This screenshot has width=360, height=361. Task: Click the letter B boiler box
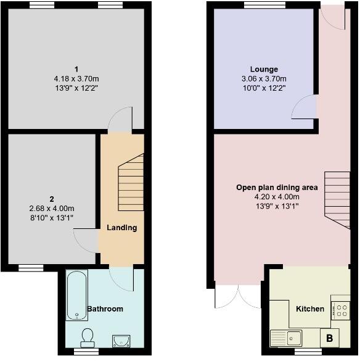pyautogui.click(x=329, y=338)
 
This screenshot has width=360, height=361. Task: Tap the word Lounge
pyautogui.click(x=264, y=69)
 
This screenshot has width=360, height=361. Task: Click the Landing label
pyautogui.click(x=121, y=228)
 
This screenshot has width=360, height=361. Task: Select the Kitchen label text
pyautogui.click(x=309, y=309)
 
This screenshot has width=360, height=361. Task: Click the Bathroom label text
pyautogui.click(x=105, y=309)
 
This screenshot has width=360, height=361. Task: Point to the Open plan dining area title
pyautogui.click(x=277, y=187)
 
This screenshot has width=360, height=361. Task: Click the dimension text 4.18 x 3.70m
pyautogui.click(x=76, y=79)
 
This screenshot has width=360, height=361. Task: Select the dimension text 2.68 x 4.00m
pyautogui.click(x=52, y=208)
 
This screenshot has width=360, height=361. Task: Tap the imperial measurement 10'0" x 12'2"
pyautogui.click(x=264, y=88)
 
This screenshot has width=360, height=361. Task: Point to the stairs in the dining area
pyautogui.click(x=338, y=197)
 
